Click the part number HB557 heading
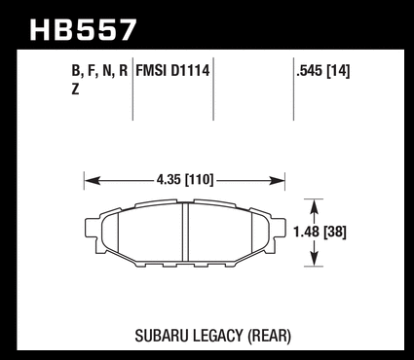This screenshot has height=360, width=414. [x=83, y=30]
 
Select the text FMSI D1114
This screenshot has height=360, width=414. [x=172, y=70]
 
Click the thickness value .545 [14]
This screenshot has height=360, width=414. [x=322, y=71]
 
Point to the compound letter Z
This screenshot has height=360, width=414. [x=75, y=89]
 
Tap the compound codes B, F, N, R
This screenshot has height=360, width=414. [x=99, y=71]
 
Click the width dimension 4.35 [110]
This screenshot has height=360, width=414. [x=185, y=180]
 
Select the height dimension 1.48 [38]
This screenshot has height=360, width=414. [x=320, y=232]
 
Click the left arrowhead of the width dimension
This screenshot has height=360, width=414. [x=93, y=181]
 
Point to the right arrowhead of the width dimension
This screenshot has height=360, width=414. [x=277, y=181]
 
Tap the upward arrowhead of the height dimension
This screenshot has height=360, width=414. [x=314, y=206]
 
